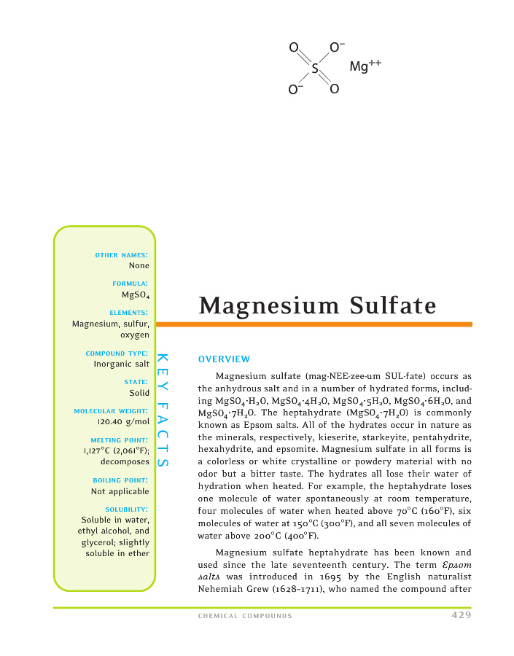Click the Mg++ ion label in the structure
(x=365, y=67)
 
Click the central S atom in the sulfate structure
(x=315, y=69)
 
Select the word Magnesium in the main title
(x=266, y=305)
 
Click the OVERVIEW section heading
(x=225, y=359)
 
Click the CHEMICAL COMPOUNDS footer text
(x=245, y=617)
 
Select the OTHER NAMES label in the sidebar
(x=122, y=255)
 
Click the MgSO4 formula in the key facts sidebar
(x=136, y=294)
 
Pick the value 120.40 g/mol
(x=123, y=421)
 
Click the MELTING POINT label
(x=120, y=440)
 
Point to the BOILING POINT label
(x=121, y=480)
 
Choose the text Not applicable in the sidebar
(x=120, y=491)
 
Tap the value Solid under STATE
(x=139, y=392)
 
